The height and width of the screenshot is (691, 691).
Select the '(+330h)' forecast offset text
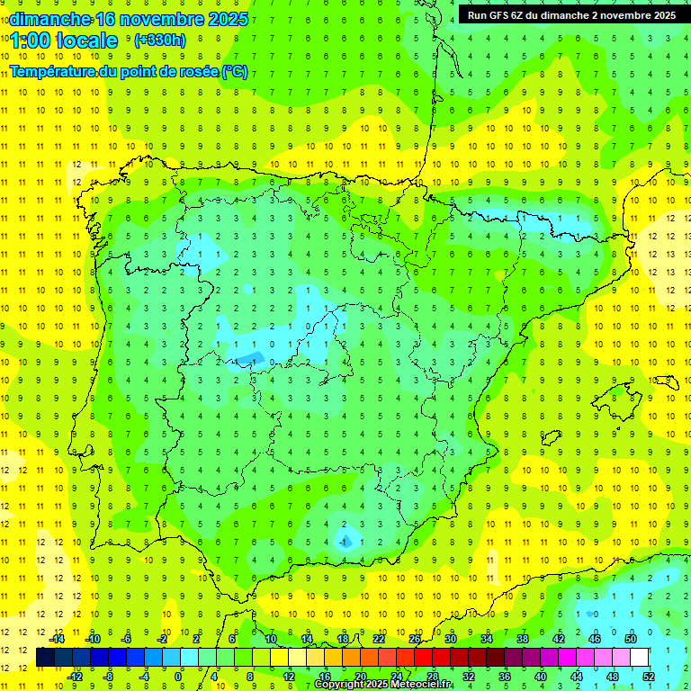159,40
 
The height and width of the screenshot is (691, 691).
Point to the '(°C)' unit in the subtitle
234,71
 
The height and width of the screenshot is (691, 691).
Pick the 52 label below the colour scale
649,677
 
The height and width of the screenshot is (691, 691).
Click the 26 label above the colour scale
415,639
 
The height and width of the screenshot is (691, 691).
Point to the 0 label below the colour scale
179,677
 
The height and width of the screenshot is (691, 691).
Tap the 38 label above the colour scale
523,639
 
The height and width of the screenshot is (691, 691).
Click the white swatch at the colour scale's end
640,658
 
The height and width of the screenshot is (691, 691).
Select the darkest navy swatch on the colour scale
46,658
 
